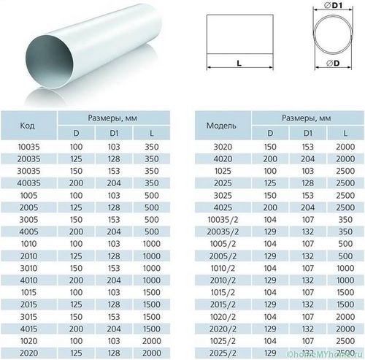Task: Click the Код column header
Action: click(x=27, y=126)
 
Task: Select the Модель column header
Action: click(x=221, y=126)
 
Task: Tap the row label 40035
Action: click(x=28, y=183)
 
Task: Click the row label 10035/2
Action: click(x=223, y=220)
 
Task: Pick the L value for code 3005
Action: click(x=152, y=220)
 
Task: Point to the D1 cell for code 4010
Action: click(x=114, y=280)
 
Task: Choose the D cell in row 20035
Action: click(x=76, y=159)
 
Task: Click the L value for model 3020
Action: click(x=345, y=147)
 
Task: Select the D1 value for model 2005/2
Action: click(x=307, y=256)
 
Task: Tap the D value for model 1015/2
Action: click(x=270, y=292)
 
